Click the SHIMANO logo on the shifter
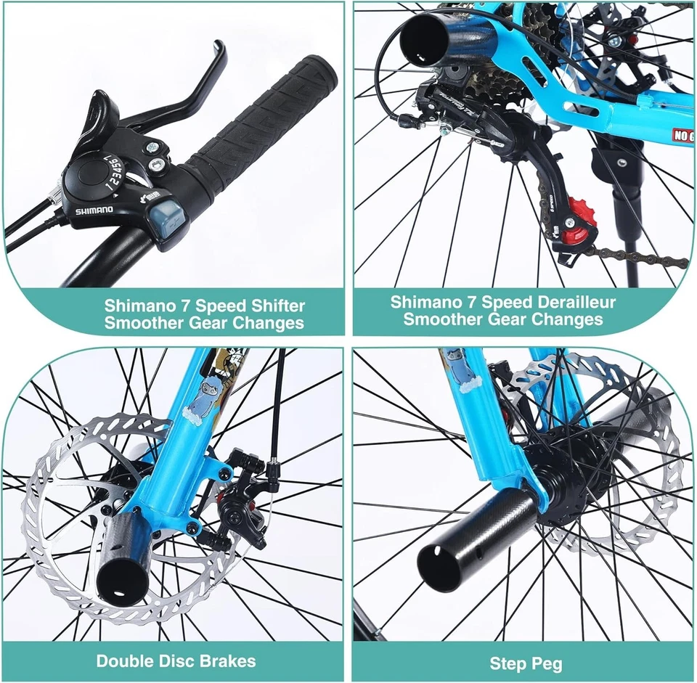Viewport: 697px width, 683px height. click(x=95, y=210)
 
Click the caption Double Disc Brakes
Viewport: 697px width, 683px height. click(x=176, y=660)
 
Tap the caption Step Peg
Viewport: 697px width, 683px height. click(x=525, y=663)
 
